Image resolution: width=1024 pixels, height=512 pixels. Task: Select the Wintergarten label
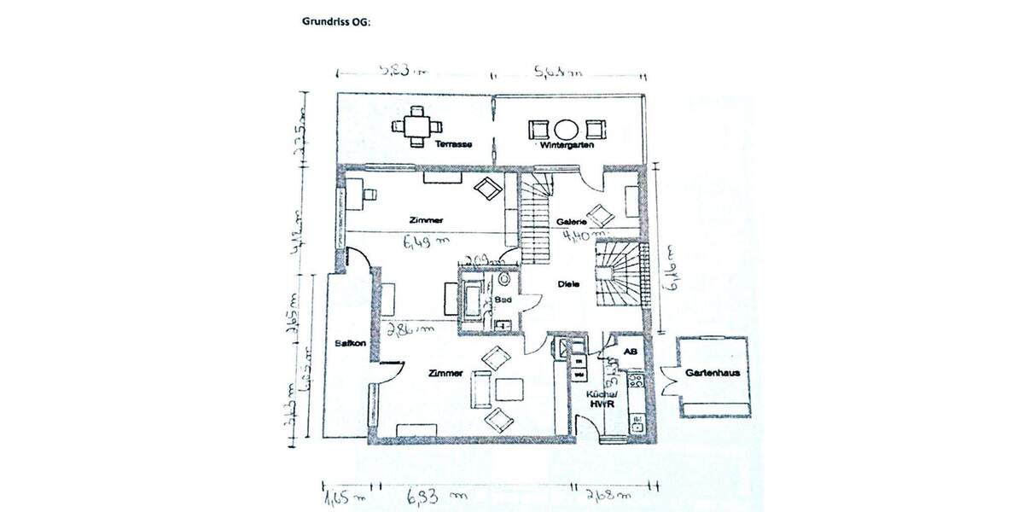tap(566, 147)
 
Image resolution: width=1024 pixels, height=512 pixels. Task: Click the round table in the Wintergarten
tap(567, 130)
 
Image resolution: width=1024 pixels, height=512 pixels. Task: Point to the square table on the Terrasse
tap(417, 127)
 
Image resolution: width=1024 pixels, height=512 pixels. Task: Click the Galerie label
tap(571, 222)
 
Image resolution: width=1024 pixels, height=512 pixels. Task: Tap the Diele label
tap(570, 285)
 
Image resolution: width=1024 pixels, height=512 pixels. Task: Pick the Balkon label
tap(351, 344)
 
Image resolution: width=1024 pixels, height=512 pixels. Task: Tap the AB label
tap(631, 352)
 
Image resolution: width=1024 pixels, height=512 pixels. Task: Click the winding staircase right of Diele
tap(616, 273)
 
